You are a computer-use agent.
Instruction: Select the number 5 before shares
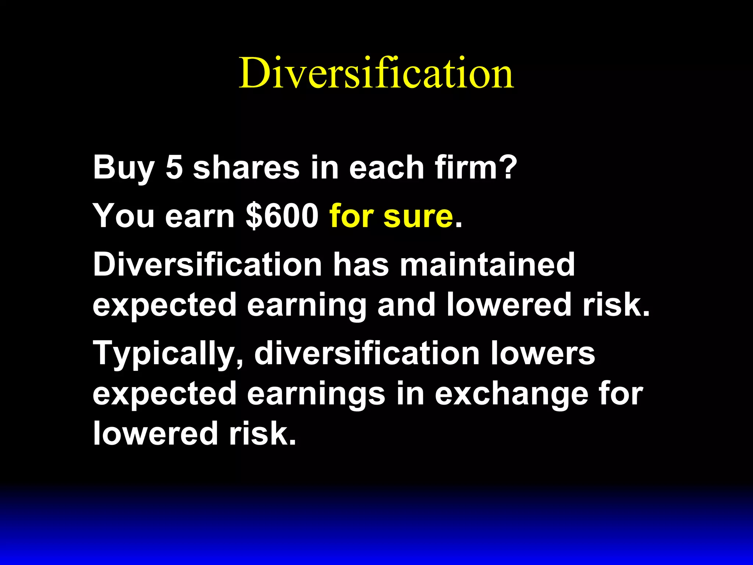(x=174, y=167)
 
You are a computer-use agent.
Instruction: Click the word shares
(x=246, y=167)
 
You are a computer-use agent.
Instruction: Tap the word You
(x=124, y=216)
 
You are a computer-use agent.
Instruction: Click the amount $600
(x=282, y=216)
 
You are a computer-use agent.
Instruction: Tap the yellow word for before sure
(x=351, y=216)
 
